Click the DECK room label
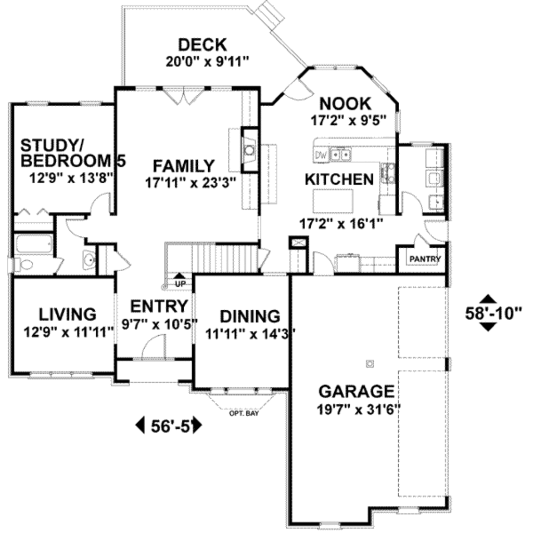(202, 44)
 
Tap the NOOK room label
(345, 104)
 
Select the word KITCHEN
(339, 180)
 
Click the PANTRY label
(425, 259)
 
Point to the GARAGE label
(356, 391)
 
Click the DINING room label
(250, 316)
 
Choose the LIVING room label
(68, 314)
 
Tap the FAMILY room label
(183, 166)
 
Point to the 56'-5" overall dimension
(169, 426)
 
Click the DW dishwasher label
(320, 155)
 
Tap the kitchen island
(333, 200)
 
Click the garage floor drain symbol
(370, 363)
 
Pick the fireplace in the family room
(250, 150)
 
